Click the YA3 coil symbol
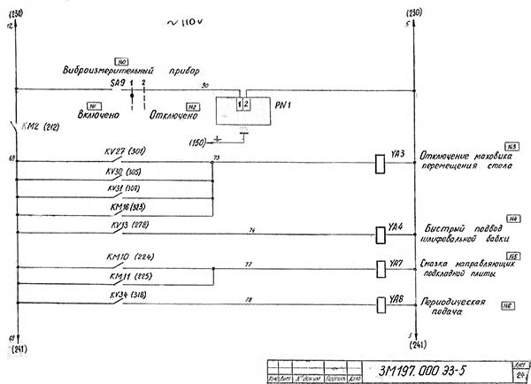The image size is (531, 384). [x=380, y=162]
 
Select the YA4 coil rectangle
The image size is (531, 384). [x=380, y=233]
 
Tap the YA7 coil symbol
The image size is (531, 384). [x=380, y=268]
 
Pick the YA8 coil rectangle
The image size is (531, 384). [x=380, y=303]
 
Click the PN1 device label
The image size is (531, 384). [x=282, y=104]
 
